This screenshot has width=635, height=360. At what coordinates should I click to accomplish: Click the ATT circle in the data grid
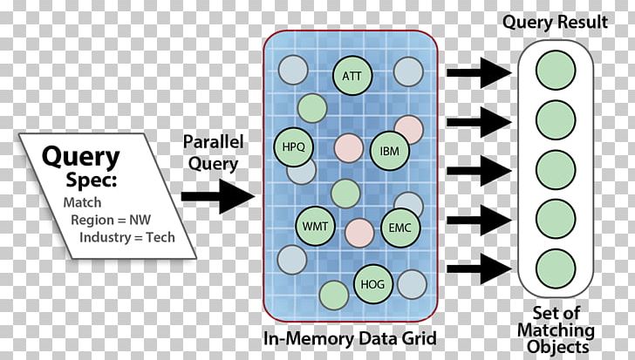tap(352, 76)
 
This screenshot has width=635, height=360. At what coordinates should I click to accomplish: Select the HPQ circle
tap(294, 146)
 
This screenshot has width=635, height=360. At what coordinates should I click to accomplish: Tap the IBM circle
tap(389, 150)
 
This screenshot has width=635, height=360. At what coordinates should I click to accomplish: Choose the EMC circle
tap(401, 228)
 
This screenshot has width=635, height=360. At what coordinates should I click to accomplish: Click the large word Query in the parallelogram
tap(81, 157)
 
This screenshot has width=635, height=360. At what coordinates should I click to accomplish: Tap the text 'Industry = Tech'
tap(127, 237)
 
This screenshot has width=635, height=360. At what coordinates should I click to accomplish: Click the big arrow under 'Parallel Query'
tap(217, 194)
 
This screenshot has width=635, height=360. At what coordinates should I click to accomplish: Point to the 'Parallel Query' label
tap(214, 151)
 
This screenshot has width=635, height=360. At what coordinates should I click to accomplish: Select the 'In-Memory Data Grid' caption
tap(351, 337)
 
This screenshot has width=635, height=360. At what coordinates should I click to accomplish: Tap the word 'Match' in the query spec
tap(81, 202)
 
